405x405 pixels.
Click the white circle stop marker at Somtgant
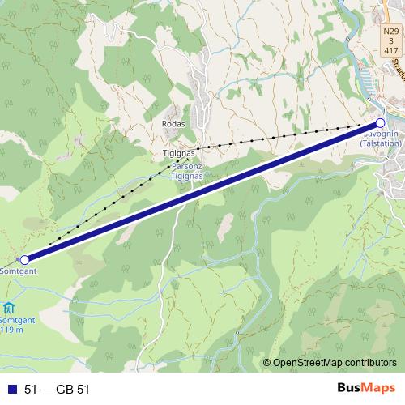click(24, 259)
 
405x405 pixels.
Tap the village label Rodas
click(174, 124)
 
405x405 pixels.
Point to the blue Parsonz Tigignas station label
click(186, 171)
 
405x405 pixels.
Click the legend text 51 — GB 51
click(57, 390)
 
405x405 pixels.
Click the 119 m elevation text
click(12, 330)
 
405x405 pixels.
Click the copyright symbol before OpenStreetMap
click(266, 363)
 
